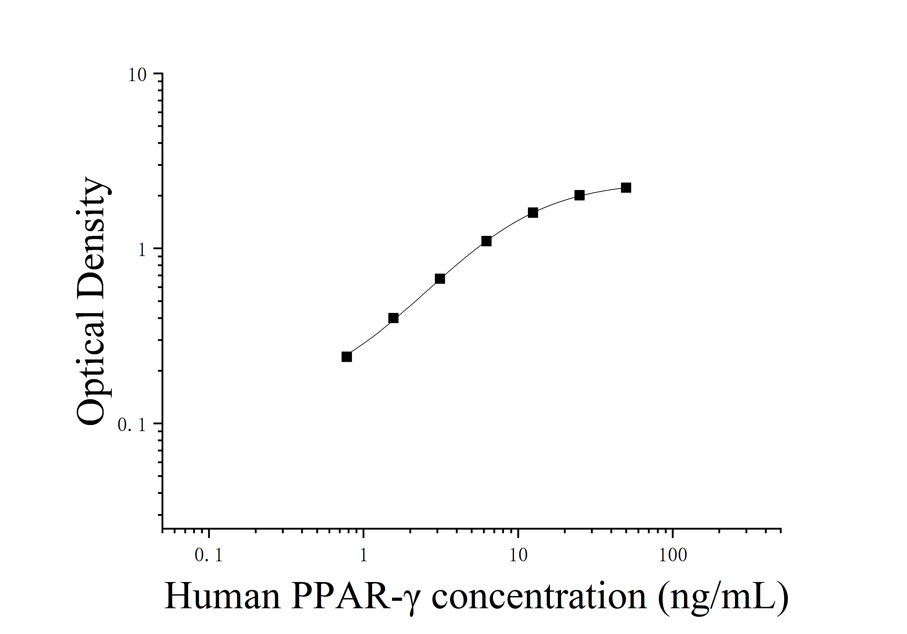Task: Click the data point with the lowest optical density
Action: point(347,357)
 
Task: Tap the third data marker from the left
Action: point(440,279)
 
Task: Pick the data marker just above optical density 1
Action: point(486,241)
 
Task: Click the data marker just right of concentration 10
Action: point(533,213)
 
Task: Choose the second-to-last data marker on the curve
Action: point(579,195)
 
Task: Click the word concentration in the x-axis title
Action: point(539,596)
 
